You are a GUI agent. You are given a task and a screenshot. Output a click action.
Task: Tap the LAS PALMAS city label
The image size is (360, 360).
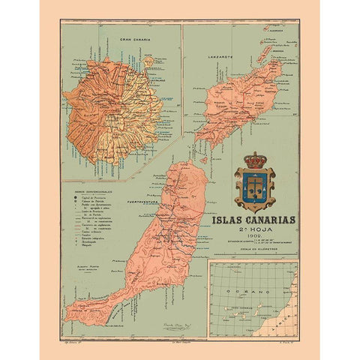point(159,76)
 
